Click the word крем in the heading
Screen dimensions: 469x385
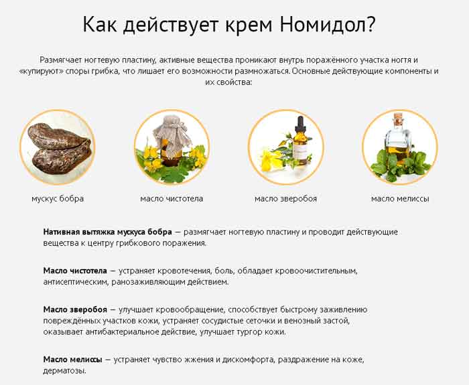tap(249, 25)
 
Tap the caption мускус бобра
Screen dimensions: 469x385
tap(58, 198)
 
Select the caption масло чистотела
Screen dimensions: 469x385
tap(172, 198)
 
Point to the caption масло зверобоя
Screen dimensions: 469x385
tap(285, 198)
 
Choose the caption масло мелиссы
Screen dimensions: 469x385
tap(400, 198)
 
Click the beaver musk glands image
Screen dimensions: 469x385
tap(58, 148)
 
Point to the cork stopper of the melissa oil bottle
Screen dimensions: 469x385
tap(398, 116)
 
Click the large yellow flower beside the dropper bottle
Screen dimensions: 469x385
tap(271, 161)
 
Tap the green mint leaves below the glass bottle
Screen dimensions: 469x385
tap(400, 165)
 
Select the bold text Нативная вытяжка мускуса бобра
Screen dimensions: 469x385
tap(108, 232)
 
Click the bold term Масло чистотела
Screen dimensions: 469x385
tap(75, 271)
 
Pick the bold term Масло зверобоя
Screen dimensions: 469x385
tap(75, 309)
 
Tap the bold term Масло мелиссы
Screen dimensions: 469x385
tap(72, 360)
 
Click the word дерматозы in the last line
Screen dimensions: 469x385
tap(64, 371)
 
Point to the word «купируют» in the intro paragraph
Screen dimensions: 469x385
tap(40, 72)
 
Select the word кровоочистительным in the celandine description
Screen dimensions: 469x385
tap(316, 271)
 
